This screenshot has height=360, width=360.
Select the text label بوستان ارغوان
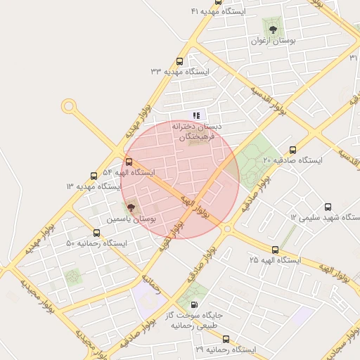pyautogui.click(x=271, y=41)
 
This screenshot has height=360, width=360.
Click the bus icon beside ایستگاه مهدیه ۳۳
pyautogui.click(x=180, y=61)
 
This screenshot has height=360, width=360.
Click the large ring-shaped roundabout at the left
pyautogui.click(x=69, y=106)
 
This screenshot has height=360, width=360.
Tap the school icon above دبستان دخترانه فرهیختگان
pyautogui.click(x=196, y=115)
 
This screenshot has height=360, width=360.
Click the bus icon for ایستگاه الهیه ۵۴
pyautogui.click(x=128, y=161)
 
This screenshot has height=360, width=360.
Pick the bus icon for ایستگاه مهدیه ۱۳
pyautogui.click(x=94, y=176)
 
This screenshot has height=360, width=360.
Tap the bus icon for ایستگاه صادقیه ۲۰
pyautogui.click(x=293, y=149)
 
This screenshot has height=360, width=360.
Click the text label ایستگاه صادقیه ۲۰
pyautogui.click(x=292, y=160)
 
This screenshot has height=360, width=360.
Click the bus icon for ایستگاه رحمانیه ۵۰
pyautogui.click(x=96, y=232)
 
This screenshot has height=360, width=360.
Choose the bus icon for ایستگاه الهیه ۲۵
pyautogui.click(x=275, y=249)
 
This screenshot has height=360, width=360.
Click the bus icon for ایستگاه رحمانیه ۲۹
pyautogui.click(x=225, y=338)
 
